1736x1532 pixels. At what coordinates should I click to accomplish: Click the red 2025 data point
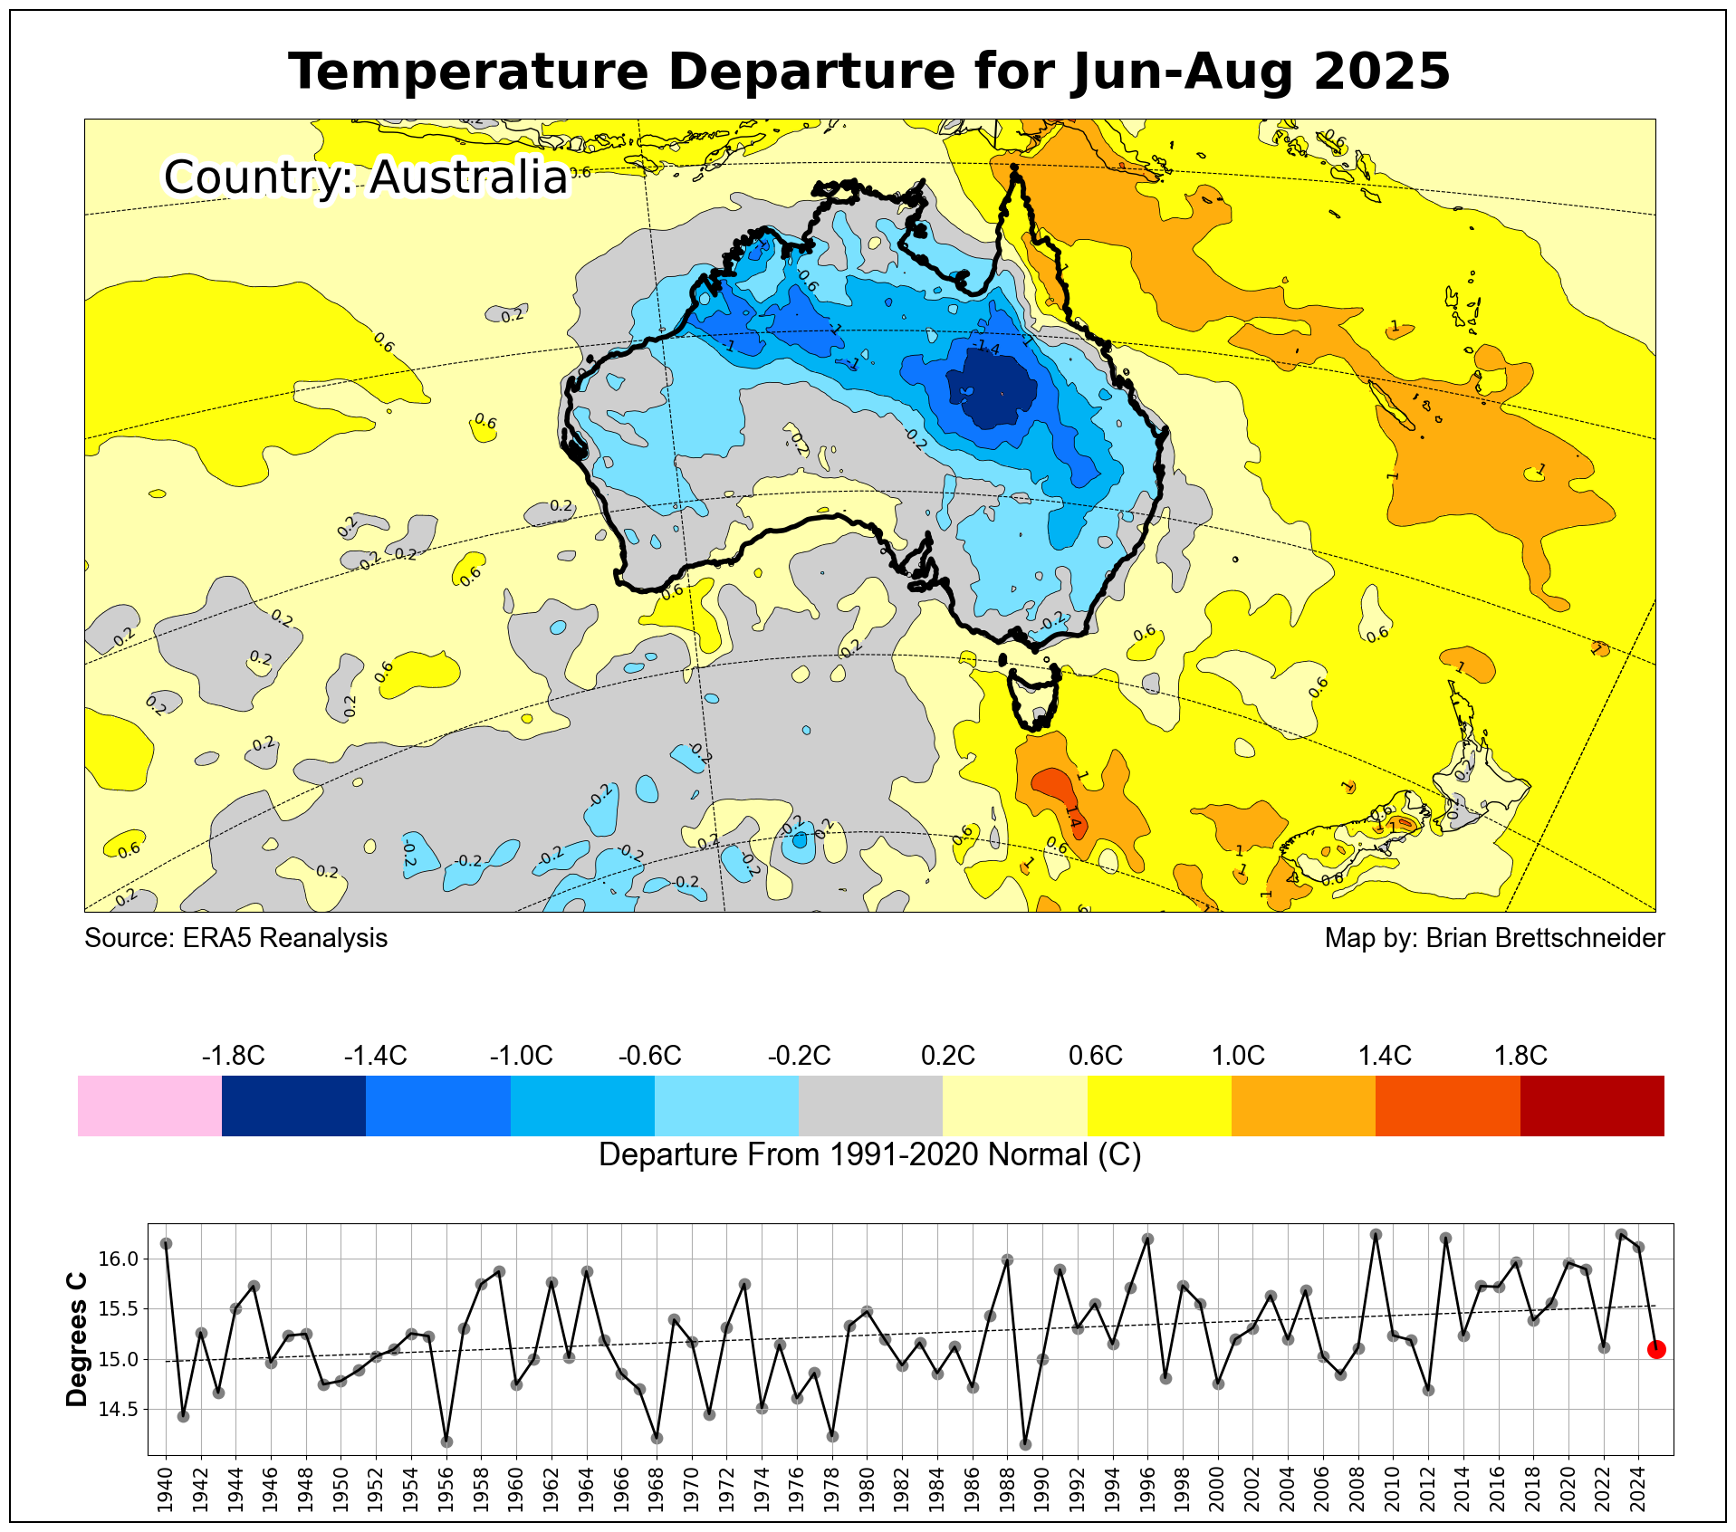coord(1656,1350)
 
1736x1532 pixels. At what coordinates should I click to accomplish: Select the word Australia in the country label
coord(468,177)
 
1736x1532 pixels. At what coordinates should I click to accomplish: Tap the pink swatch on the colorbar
coord(149,1106)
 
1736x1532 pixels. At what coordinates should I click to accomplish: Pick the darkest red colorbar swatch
coord(1592,1106)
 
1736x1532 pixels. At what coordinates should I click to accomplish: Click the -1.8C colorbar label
coord(233,1056)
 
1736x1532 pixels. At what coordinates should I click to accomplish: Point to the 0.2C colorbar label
coord(947,1056)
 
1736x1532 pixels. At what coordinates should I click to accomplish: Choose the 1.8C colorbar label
coord(1520,1056)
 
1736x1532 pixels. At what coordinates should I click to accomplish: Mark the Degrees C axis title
coord(78,1340)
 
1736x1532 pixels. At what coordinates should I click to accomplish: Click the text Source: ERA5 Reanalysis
coord(235,938)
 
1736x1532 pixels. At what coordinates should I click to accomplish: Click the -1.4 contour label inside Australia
coord(986,349)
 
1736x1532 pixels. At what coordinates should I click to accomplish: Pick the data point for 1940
coord(166,1244)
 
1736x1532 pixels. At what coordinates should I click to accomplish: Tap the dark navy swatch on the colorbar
coord(293,1106)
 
